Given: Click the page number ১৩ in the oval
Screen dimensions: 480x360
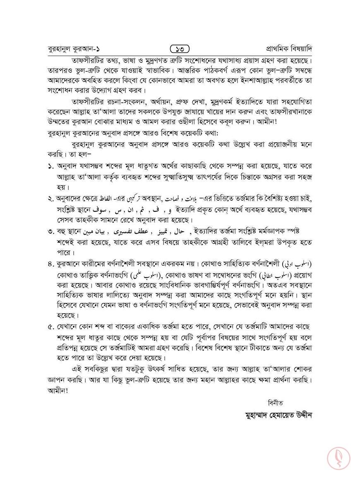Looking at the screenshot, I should coord(180,48).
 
